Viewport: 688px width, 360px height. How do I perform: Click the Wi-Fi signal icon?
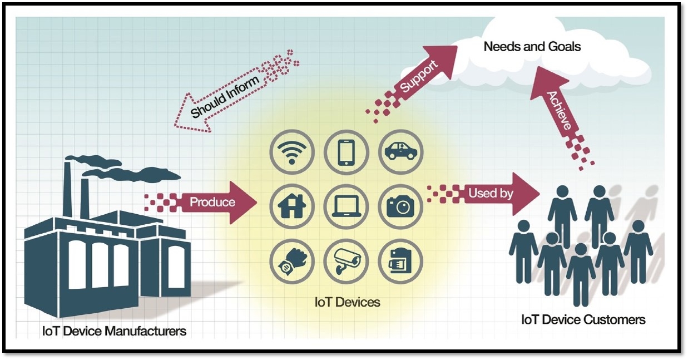[292, 152]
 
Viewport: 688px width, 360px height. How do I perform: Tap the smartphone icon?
[346, 152]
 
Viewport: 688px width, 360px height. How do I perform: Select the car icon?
[400, 152]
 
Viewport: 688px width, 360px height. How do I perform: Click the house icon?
[292, 206]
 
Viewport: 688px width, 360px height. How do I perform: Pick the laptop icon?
[346, 206]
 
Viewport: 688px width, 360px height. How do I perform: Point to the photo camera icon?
[400, 206]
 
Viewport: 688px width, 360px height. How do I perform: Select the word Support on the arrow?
[418, 75]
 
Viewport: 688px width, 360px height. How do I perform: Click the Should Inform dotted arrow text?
[225, 97]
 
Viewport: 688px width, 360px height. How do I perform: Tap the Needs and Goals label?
[532, 46]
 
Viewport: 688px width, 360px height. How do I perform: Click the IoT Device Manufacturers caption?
[114, 332]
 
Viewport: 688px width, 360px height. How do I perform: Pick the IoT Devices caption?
[347, 302]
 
